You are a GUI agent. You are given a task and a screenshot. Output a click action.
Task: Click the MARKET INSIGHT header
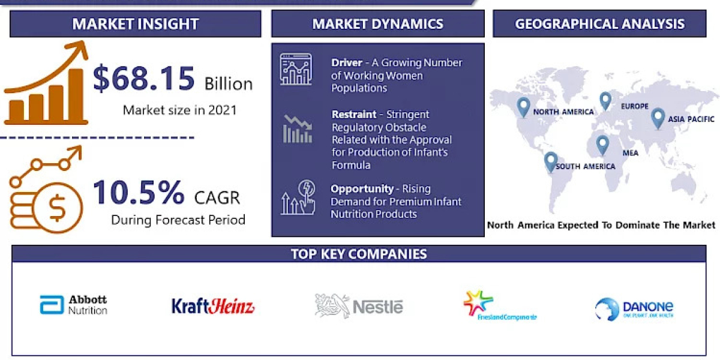(136, 24)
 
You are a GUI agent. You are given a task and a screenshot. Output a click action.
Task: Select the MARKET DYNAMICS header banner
(377, 24)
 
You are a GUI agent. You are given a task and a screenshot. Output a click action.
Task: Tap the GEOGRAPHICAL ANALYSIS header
(599, 24)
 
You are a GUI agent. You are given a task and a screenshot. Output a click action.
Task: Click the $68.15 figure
(144, 79)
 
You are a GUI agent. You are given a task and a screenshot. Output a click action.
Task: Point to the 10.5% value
(139, 193)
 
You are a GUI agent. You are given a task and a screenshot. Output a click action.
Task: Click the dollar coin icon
(58, 209)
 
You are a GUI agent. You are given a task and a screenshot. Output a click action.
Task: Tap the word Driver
(346, 63)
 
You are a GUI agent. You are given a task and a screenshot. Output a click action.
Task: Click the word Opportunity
(362, 188)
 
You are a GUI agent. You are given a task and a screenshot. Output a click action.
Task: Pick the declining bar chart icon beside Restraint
(297, 128)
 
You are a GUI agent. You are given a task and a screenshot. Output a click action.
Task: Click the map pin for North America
(523, 107)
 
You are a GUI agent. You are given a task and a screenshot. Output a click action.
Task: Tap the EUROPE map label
(634, 107)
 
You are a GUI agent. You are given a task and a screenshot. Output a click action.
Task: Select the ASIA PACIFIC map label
(692, 119)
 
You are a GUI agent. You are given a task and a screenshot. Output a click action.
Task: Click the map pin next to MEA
(602, 145)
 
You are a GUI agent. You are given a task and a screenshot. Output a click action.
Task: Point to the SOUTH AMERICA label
(585, 166)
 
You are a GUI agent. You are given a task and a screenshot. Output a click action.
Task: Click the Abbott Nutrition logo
(74, 305)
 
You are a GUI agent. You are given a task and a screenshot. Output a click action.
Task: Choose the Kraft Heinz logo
(213, 306)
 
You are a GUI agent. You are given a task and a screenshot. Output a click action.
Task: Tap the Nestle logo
(359, 306)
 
